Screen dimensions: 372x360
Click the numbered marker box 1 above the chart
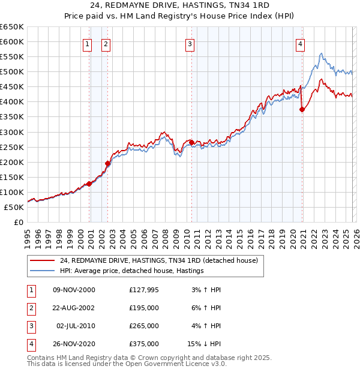pyautogui.click(x=88, y=43)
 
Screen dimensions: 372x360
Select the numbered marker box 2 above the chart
pyautogui.click(x=106, y=43)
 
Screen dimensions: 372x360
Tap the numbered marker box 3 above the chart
pyautogui.click(x=190, y=43)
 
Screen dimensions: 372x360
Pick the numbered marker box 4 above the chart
pyautogui.click(x=299, y=43)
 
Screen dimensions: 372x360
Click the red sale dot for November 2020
pyautogui.click(x=302, y=109)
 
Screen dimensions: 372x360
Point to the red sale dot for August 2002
pyautogui.click(x=108, y=163)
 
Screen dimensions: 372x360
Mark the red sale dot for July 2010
pyautogui.click(x=191, y=142)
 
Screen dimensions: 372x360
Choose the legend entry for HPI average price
pyautogui.click(x=132, y=271)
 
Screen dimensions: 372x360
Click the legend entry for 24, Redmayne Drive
pyautogui.click(x=158, y=260)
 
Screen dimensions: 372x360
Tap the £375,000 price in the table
pyautogui.click(x=144, y=344)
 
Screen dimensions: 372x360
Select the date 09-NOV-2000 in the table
pyautogui.click(x=74, y=290)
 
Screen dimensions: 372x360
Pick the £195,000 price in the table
pyautogui.click(x=144, y=308)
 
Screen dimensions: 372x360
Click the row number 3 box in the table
pyautogui.click(x=31, y=326)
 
